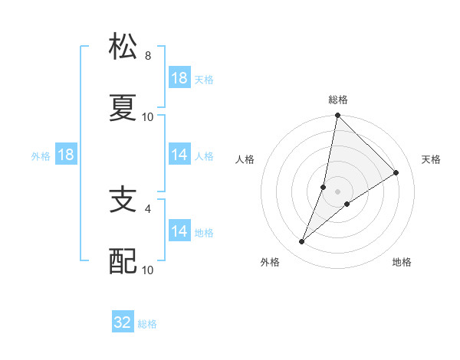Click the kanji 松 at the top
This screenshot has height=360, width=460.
click(123, 47)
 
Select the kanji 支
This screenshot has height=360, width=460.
click(123, 201)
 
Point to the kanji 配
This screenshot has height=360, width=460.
click(123, 261)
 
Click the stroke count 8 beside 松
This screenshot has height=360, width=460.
click(148, 56)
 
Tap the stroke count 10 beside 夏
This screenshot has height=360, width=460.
click(148, 116)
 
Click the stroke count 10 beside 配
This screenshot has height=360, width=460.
click(148, 270)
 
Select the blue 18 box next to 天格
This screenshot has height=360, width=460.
click(179, 78)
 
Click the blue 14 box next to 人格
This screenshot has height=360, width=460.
click(179, 155)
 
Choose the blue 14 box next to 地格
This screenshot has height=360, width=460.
click(179, 231)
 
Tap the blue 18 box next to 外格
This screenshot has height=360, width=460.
click(66, 155)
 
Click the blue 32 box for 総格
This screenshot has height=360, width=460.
click(123, 322)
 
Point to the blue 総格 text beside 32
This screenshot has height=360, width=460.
click(147, 324)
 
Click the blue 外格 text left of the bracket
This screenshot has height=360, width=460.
click(41, 155)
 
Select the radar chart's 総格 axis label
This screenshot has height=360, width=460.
click(338, 100)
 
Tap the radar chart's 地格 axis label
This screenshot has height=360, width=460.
click(402, 262)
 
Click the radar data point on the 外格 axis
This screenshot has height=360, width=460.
click(302, 242)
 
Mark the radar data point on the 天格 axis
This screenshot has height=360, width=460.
click(396, 172)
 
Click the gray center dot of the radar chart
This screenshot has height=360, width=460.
click(338, 191)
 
